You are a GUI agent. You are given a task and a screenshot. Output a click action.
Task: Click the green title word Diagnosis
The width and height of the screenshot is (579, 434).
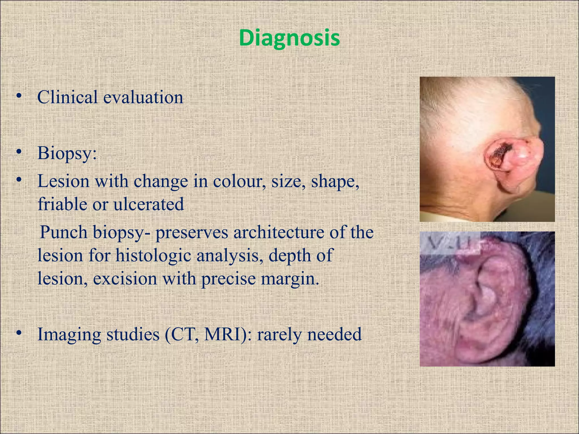(x=289, y=38)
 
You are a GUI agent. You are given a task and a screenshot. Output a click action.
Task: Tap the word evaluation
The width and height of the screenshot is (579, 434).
(x=143, y=97)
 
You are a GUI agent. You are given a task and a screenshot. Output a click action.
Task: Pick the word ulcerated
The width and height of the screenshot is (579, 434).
(x=149, y=204)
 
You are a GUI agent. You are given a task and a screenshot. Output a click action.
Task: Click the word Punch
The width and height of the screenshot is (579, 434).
(x=64, y=233)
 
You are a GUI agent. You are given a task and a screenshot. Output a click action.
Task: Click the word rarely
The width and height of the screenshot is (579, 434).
(x=279, y=334)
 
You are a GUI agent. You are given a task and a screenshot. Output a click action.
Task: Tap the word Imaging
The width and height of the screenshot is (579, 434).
(x=69, y=334)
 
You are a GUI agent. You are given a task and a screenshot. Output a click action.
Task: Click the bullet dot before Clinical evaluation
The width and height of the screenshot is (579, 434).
(x=19, y=96)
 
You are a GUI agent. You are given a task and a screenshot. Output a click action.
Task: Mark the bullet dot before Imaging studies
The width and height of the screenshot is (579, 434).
(x=19, y=333)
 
